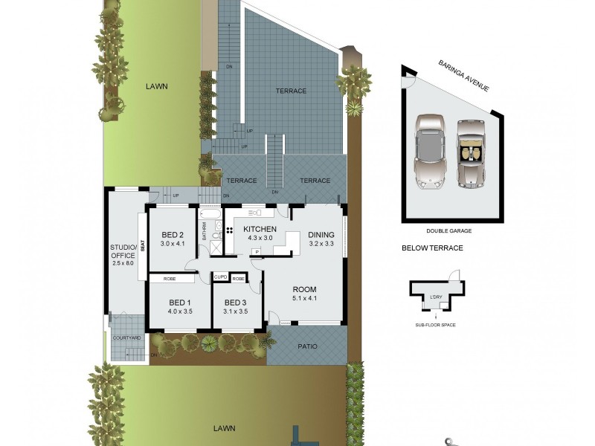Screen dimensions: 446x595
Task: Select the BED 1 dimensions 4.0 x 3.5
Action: (x=181, y=311)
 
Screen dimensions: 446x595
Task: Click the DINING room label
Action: (x=321, y=233)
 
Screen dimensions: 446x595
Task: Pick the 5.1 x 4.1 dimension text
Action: (x=304, y=299)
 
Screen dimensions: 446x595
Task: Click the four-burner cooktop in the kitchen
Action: (x=231, y=230)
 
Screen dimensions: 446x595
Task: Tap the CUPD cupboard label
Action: (x=221, y=278)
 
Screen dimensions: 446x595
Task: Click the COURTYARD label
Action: (x=126, y=338)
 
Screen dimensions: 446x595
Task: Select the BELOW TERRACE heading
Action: (x=432, y=248)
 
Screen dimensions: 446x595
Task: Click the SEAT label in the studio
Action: (x=141, y=245)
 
